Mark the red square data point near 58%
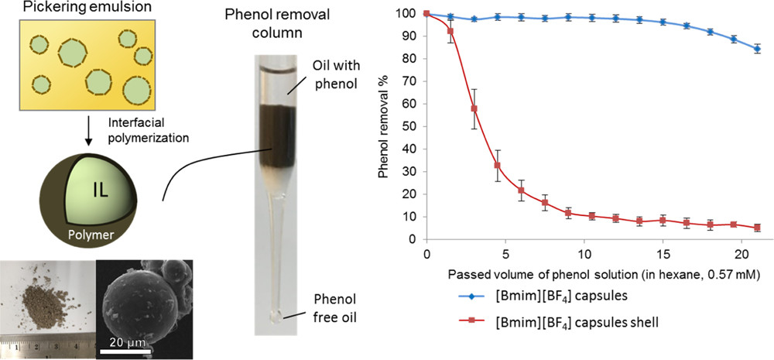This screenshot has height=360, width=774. pyautogui.click(x=474, y=109)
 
